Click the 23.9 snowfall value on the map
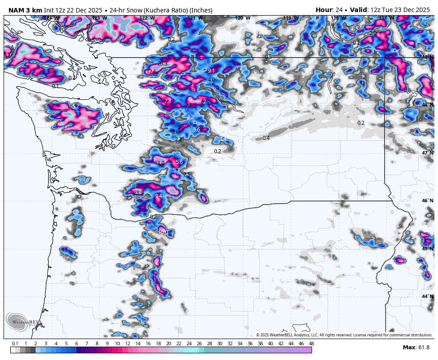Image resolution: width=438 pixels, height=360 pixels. pos(138,192)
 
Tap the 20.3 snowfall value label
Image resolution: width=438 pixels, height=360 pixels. pos(162,64)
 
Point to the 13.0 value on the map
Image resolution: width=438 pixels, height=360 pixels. pos(159,163)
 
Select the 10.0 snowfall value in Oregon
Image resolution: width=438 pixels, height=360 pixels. pos(163,232)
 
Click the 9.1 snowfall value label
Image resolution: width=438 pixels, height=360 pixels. pos(211,71)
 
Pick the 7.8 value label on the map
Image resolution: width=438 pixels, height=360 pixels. pos(167,102)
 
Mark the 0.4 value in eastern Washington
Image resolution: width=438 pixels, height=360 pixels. pos(266,138)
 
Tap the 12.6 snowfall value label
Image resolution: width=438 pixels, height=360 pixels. pos(152,72)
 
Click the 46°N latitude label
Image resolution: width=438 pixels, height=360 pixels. pos(427,200)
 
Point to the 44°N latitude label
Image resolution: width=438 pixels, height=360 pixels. pos(427,296)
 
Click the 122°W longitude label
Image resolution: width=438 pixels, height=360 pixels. pos(147,18)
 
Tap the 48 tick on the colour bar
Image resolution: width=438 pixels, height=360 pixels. pos(311,344)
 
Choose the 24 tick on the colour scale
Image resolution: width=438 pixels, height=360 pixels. pos(189,344)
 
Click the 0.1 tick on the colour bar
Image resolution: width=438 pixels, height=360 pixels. pos(15,344)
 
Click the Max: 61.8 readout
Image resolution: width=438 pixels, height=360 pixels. pos(416,348)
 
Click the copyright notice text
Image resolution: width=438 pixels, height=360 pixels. pos(344,335)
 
